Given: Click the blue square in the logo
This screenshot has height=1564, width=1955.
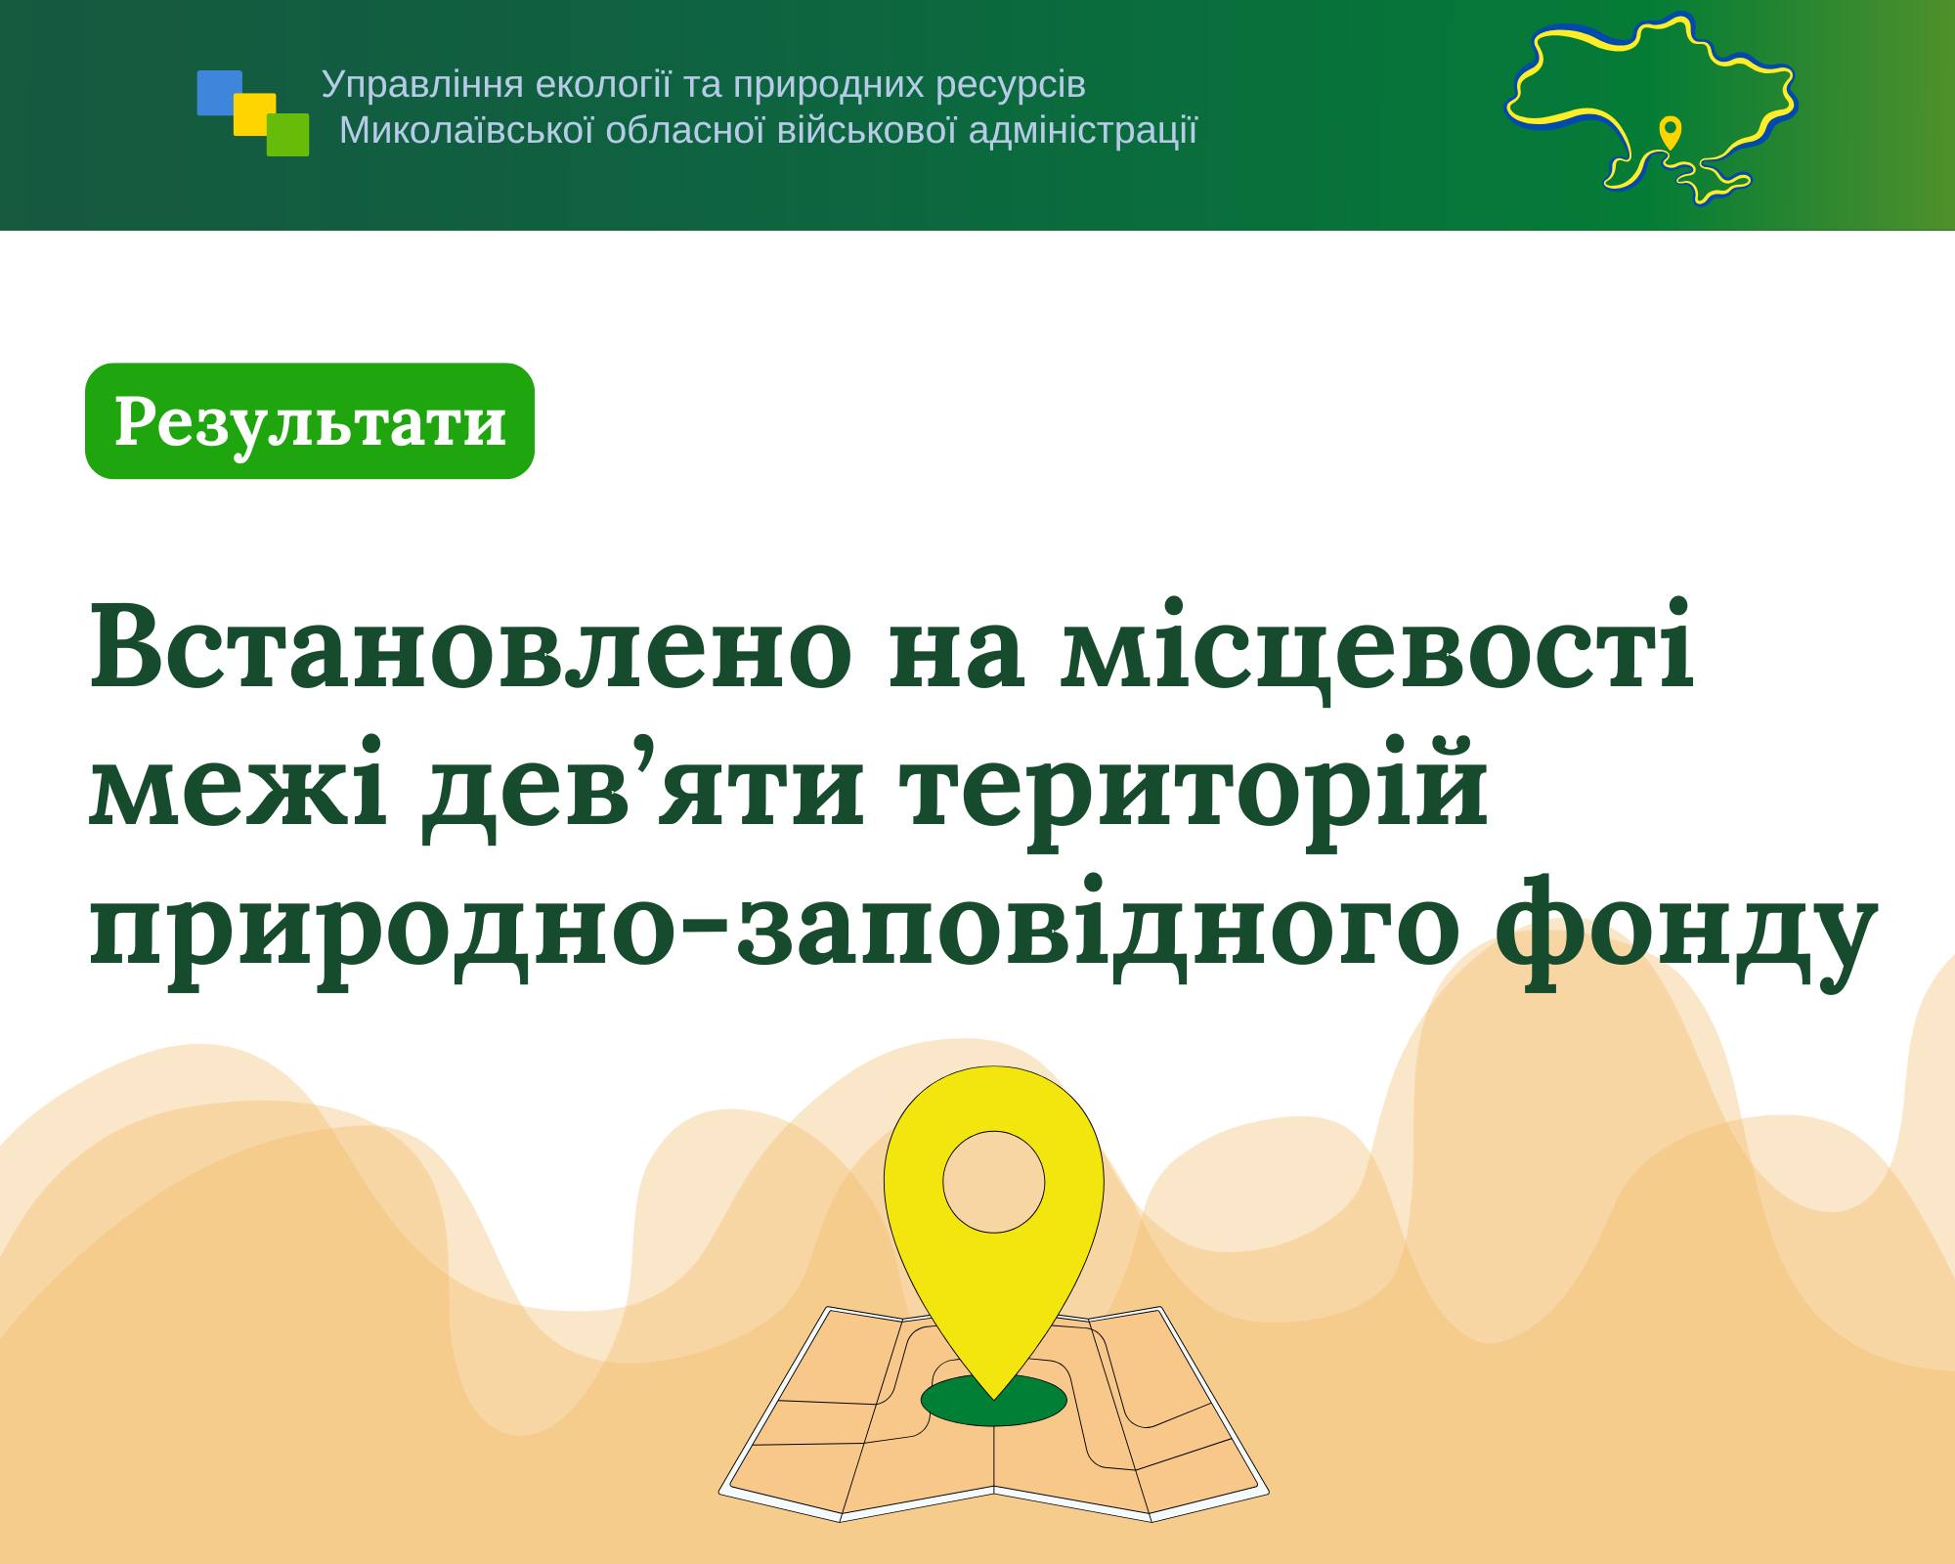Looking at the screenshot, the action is (219, 92).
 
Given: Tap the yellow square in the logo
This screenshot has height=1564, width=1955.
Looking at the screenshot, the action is (254, 113).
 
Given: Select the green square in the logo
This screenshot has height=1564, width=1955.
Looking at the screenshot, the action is (287, 135).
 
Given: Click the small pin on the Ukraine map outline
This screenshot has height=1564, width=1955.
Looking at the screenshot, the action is (1671, 132).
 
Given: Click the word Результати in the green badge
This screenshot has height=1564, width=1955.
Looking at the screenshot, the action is (310, 422).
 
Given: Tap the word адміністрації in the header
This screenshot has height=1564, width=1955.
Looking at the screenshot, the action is (1083, 131).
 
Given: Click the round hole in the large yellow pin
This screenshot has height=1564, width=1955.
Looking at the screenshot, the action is (993, 1182).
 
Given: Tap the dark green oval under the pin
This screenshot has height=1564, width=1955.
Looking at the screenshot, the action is (993, 1401).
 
